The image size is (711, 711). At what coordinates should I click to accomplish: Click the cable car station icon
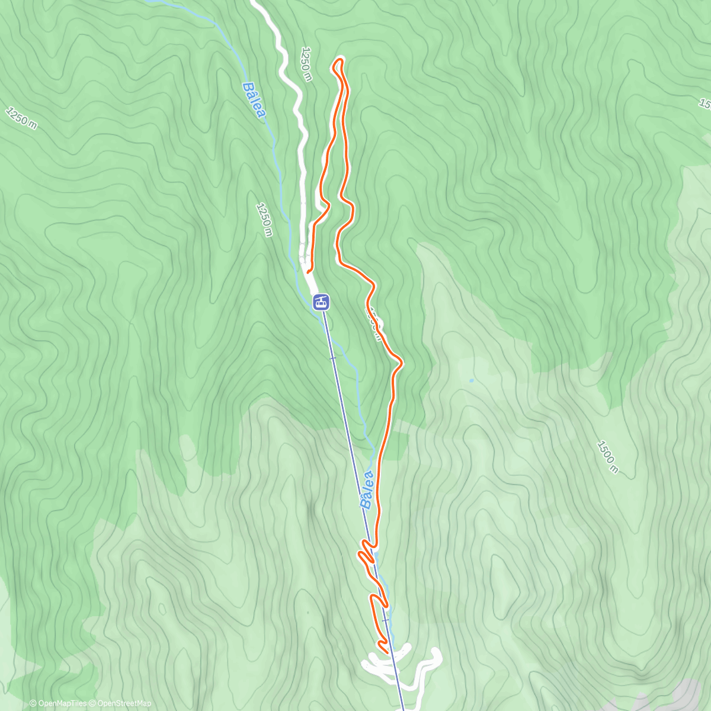[321, 302]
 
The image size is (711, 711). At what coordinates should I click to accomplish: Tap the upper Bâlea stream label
[252, 100]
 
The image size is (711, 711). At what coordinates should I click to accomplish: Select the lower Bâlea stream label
[368, 489]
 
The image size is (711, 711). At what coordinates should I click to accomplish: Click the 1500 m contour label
[607, 457]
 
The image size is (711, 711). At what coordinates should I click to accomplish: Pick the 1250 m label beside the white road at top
[306, 64]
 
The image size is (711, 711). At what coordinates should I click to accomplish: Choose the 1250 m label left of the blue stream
[264, 219]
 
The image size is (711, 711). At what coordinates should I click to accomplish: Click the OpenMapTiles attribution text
[57, 703]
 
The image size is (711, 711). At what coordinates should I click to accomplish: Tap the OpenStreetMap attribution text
[121, 703]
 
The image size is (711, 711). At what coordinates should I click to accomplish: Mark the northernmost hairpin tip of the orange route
[340, 59]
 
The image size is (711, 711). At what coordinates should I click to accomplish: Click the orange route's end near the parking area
[309, 271]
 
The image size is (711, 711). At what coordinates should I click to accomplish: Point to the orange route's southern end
[386, 652]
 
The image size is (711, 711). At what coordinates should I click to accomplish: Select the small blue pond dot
[471, 380]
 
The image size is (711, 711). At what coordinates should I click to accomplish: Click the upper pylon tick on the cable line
[332, 358]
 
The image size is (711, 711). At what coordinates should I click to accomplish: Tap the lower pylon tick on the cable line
[386, 620]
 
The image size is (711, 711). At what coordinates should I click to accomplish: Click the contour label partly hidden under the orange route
[374, 324]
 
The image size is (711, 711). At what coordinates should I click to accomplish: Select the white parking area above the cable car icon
[306, 258]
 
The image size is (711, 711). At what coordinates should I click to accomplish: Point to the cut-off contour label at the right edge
[705, 104]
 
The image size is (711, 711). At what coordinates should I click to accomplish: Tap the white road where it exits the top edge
[255, 2]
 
